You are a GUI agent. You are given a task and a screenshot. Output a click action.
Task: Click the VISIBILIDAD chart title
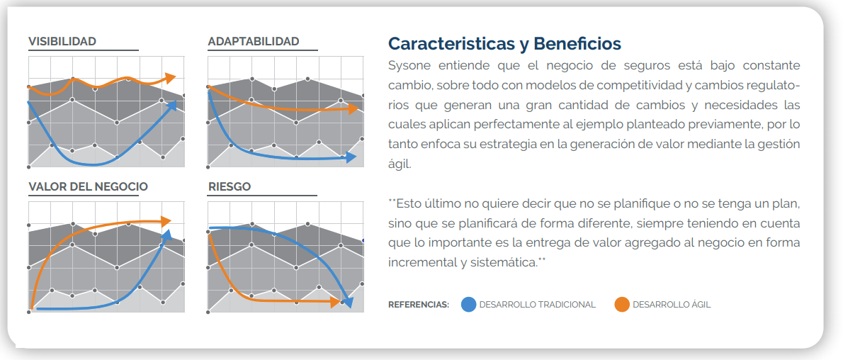(62, 41)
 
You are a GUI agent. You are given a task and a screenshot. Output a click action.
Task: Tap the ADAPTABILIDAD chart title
(253, 41)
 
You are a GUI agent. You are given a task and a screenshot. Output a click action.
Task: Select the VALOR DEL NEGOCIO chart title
(88, 186)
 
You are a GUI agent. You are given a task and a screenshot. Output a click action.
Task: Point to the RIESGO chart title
(229, 186)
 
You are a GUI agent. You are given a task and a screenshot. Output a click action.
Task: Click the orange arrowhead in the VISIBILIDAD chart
(171, 78)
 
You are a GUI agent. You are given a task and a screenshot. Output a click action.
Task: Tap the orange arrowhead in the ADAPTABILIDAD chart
(353, 108)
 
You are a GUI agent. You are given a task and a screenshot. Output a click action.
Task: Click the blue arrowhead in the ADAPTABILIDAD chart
(351, 157)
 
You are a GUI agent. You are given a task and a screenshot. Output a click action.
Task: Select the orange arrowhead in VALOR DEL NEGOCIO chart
(166, 220)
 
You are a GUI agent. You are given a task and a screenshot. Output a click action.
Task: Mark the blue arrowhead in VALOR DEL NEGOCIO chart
(166, 235)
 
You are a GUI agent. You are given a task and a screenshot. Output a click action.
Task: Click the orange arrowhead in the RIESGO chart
(334, 302)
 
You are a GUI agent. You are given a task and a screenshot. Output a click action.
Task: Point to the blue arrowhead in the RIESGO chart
(349, 302)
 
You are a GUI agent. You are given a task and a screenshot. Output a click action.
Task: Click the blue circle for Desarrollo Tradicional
(469, 305)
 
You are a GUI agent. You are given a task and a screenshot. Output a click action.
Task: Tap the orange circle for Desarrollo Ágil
(622, 305)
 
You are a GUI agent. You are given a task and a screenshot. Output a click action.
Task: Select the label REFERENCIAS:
(418, 305)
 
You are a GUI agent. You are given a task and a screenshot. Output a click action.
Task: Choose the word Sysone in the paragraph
(408, 66)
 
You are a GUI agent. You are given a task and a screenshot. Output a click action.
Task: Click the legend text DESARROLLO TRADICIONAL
(538, 305)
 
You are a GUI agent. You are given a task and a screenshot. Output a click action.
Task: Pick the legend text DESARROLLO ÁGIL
(672, 305)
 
